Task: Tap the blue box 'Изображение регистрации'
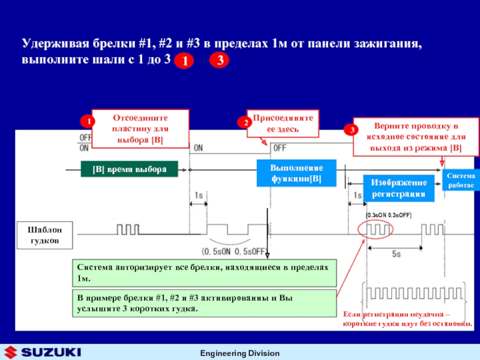(398, 188)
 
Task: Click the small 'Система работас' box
(460, 181)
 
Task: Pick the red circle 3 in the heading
(220, 61)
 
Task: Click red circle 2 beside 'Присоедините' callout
(245, 122)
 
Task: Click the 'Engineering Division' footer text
(239, 353)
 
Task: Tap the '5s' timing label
(397, 254)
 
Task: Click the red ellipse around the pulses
(374, 229)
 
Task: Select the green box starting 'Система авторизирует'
(203, 273)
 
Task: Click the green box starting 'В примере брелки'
(203, 303)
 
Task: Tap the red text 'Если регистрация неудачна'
(407, 319)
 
